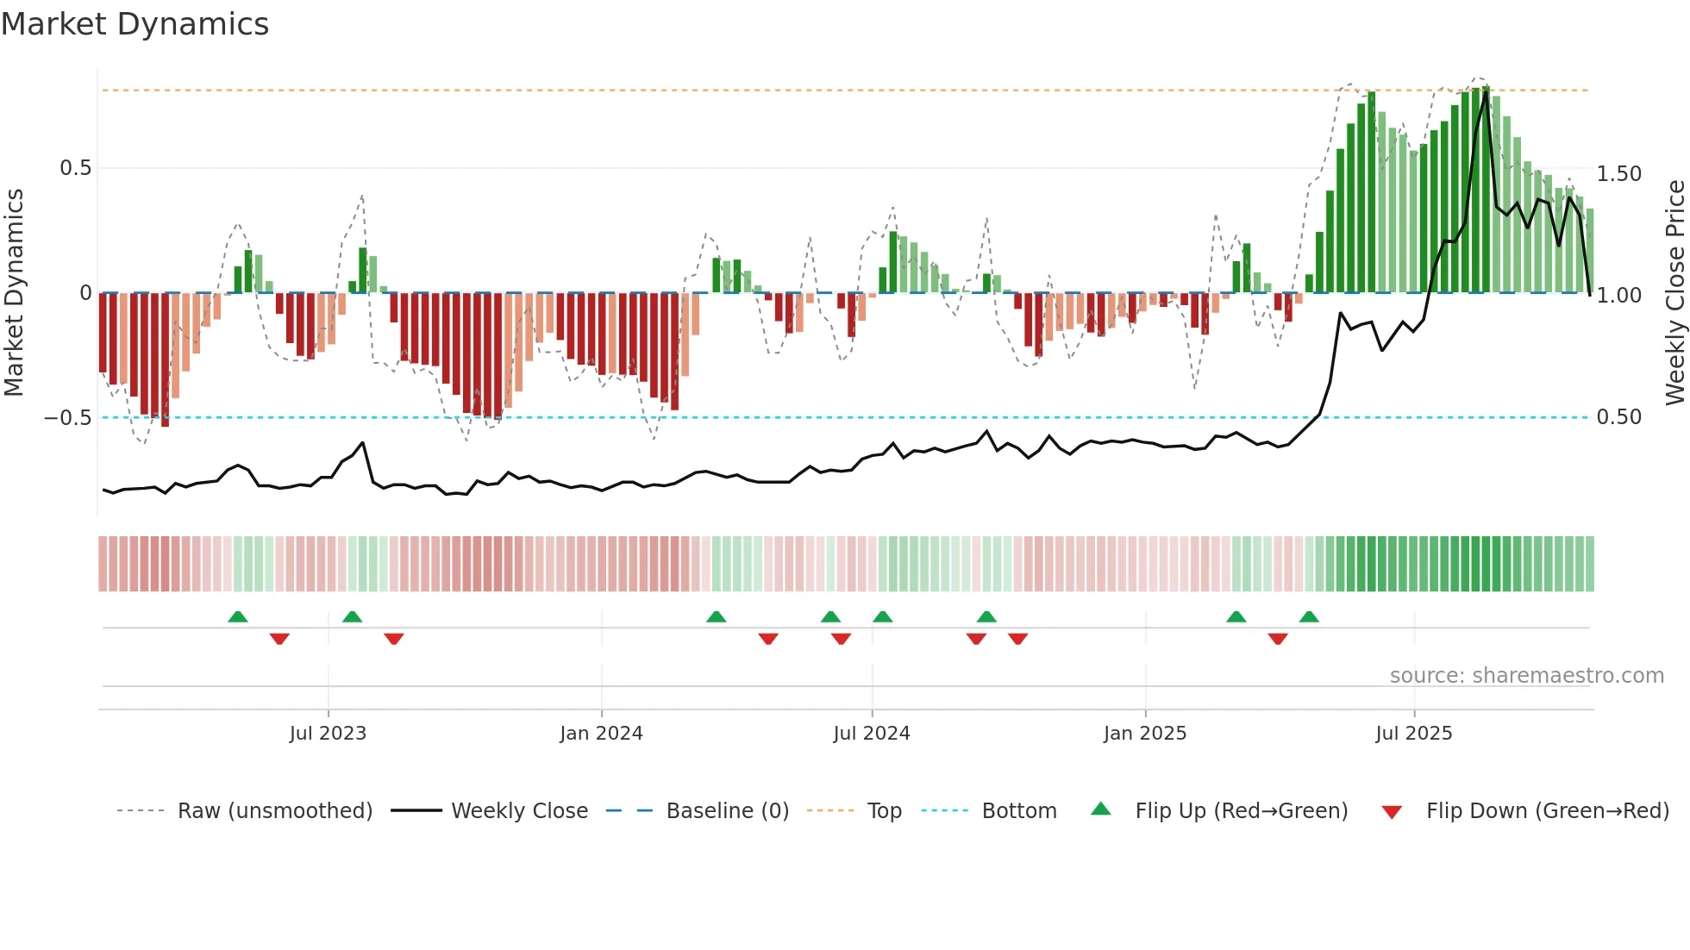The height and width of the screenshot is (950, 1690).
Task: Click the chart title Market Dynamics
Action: tap(135, 24)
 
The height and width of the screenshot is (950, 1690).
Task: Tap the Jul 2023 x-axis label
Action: tap(328, 734)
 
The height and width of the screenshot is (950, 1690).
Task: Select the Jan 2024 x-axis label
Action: tap(601, 734)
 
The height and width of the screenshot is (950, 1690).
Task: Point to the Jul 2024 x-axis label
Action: tap(871, 734)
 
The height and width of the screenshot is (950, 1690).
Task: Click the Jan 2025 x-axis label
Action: tap(1145, 734)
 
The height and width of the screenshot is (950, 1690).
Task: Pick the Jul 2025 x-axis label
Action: tap(1413, 734)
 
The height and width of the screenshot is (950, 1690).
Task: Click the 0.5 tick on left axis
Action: tap(75, 168)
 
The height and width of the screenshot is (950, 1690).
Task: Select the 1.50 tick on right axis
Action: tap(1618, 174)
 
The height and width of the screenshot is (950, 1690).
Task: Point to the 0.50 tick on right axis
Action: tap(1618, 417)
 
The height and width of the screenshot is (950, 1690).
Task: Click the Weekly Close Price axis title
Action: tap(1674, 293)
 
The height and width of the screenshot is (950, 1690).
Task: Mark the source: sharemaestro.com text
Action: tap(1526, 676)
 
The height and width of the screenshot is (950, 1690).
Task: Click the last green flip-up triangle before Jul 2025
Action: tap(1309, 616)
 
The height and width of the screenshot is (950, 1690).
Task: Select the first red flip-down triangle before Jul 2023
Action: tap(279, 639)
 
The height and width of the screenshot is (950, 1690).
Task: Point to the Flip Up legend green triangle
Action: tap(1101, 809)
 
